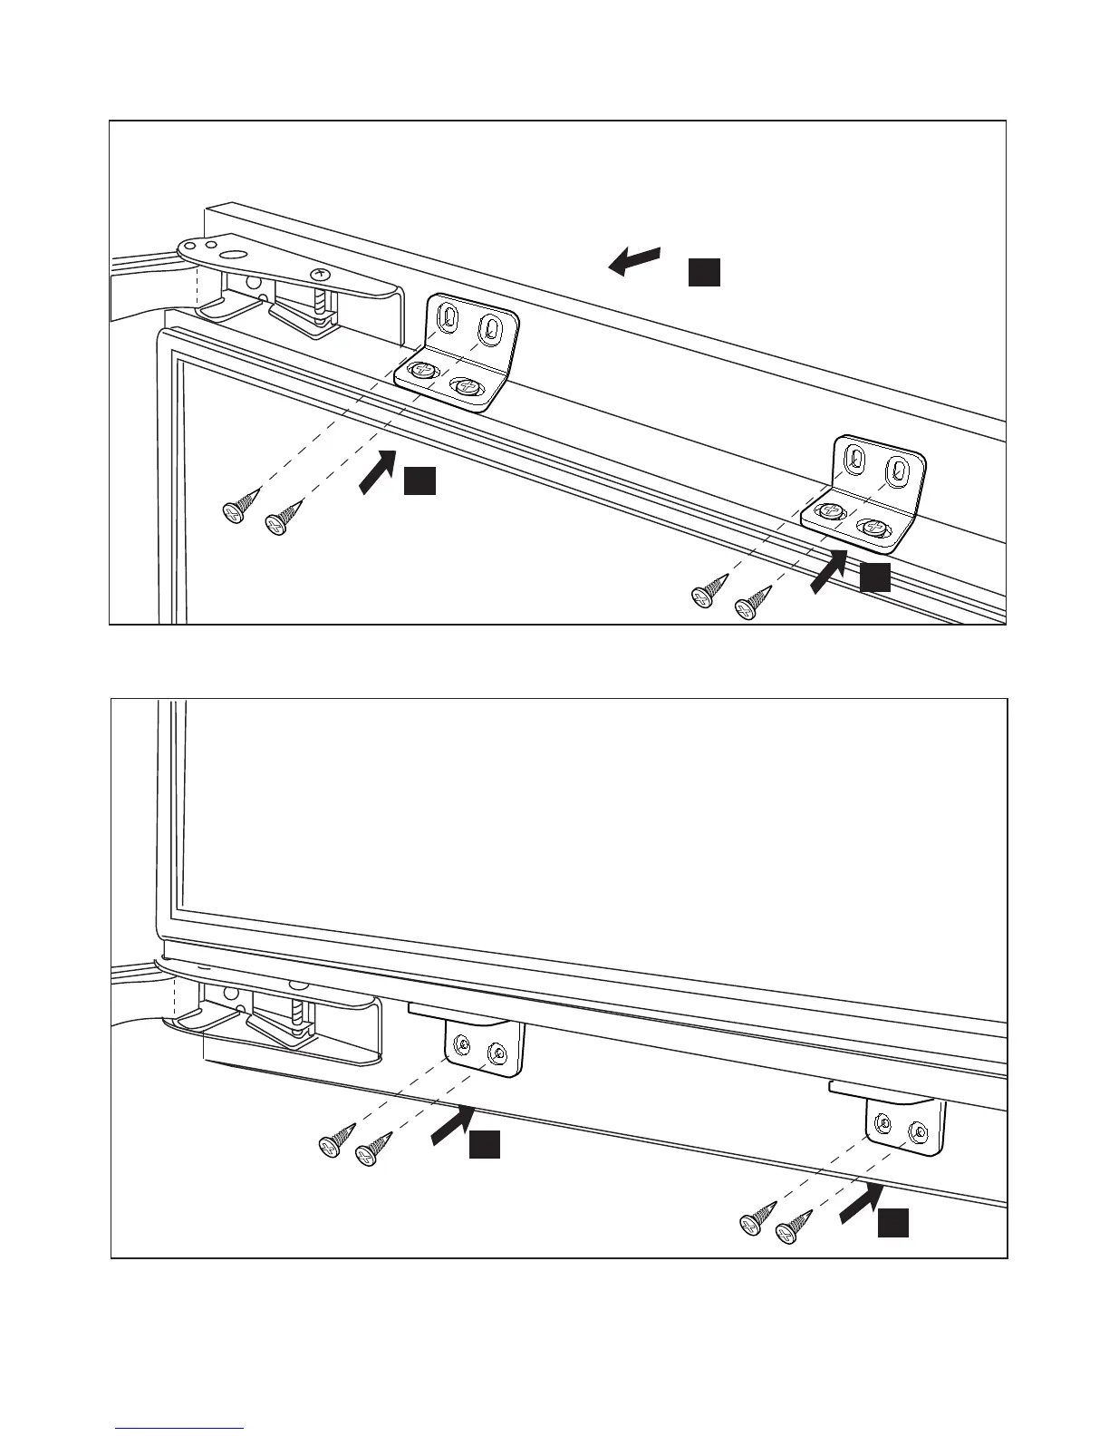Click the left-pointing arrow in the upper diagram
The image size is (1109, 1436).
(x=633, y=260)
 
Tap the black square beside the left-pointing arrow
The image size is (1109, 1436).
(x=704, y=272)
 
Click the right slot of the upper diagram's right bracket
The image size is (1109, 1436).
(x=897, y=468)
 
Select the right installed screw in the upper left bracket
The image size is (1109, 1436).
(x=468, y=386)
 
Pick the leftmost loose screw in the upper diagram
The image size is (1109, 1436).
(x=233, y=513)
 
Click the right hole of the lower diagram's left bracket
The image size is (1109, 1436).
(x=497, y=1053)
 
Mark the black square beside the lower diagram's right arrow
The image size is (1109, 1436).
(x=892, y=1224)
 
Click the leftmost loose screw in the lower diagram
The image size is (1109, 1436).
(x=329, y=1146)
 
